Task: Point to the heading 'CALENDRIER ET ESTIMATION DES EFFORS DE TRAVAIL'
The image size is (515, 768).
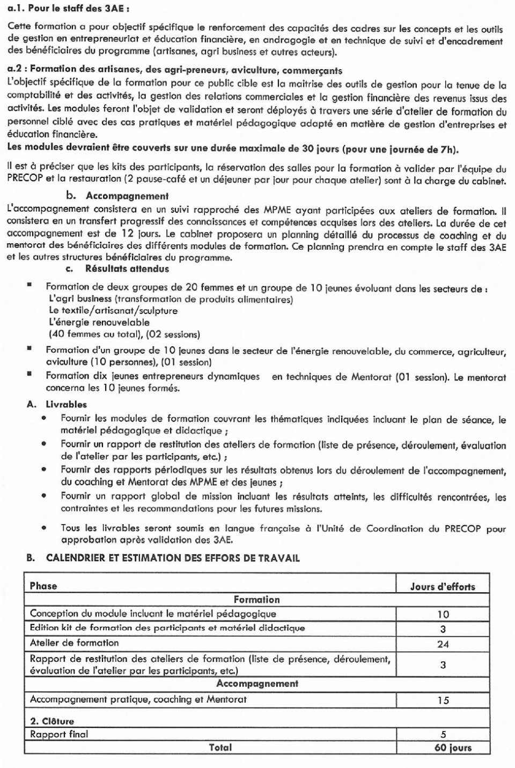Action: tap(173, 558)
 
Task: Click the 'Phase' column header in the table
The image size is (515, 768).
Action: tap(43, 586)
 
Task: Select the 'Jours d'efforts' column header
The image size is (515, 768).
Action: tap(443, 586)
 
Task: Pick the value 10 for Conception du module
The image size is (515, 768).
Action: tap(443, 615)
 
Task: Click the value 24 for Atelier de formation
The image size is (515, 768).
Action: tap(443, 644)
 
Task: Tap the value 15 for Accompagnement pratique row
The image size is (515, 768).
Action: tap(443, 700)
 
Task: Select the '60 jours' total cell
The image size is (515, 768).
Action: tap(453, 748)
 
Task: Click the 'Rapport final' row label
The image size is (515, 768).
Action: tap(59, 734)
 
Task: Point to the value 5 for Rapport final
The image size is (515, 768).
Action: tap(443, 735)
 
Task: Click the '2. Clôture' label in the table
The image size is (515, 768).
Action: tap(52, 721)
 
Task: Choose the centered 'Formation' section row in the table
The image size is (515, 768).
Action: tap(256, 600)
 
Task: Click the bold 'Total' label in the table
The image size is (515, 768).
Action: tap(220, 747)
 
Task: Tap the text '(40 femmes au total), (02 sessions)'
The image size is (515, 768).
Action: tap(124, 334)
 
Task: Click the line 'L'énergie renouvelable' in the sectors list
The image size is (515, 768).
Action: tap(99, 323)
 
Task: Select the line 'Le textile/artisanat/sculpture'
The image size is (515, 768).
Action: tap(113, 310)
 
